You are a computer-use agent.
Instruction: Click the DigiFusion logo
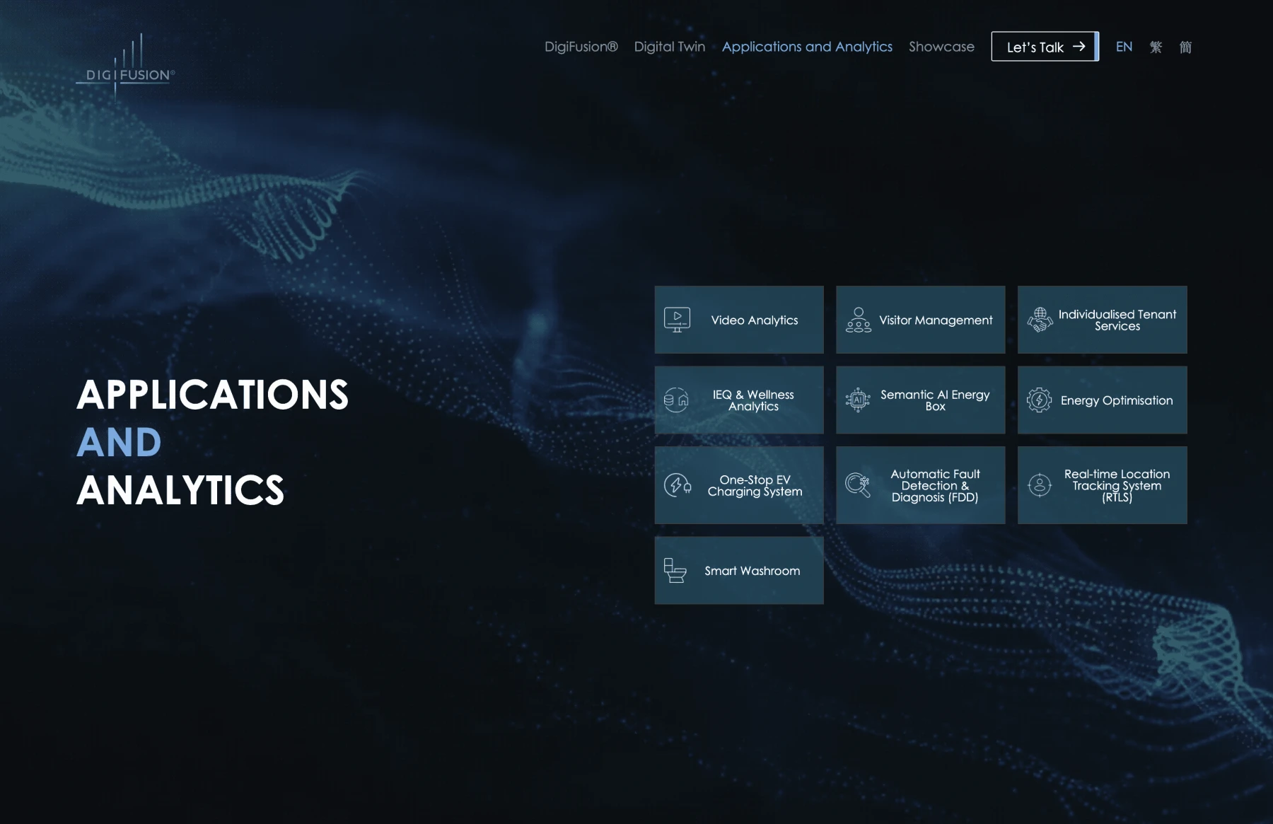point(125,68)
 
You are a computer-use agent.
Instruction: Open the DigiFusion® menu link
point(581,47)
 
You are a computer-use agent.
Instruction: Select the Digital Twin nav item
point(669,47)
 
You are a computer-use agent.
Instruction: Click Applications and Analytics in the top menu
point(807,47)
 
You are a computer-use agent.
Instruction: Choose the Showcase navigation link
point(941,47)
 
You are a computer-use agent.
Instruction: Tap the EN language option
point(1124,47)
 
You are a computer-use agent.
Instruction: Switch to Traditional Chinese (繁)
point(1156,47)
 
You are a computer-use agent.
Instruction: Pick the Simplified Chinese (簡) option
point(1185,47)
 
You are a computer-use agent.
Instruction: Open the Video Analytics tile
point(739,320)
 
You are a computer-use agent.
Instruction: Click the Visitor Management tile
point(920,320)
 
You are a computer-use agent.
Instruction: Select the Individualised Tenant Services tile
point(1102,320)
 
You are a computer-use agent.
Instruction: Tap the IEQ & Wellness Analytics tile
point(739,400)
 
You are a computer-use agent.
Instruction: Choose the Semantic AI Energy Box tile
point(920,400)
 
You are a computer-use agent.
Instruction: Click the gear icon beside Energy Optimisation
point(1039,400)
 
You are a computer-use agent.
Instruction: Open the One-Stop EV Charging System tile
point(739,485)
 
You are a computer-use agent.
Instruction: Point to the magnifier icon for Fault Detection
point(858,485)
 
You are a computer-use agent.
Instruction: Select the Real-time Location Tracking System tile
point(1102,485)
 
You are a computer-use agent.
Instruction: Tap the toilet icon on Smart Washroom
point(675,571)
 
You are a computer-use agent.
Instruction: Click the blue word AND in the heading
point(119,443)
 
